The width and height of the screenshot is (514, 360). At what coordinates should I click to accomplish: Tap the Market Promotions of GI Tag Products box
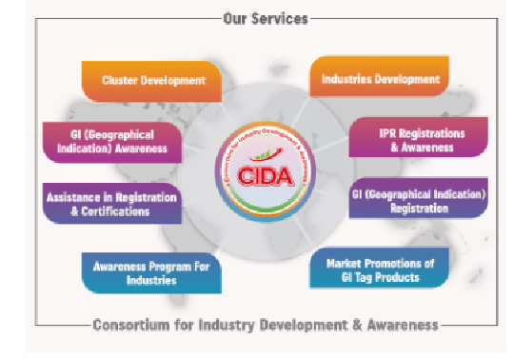378,270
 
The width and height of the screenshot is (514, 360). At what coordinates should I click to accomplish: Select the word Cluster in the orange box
122,81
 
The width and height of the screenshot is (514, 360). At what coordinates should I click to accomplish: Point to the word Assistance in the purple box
73,197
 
